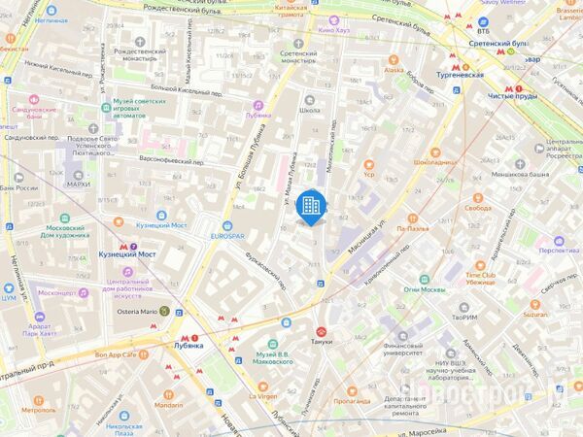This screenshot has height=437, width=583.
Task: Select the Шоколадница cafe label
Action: tap(435, 162)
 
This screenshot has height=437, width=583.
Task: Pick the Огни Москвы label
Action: tap(426, 289)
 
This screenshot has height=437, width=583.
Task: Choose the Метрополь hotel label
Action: tap(38, 410)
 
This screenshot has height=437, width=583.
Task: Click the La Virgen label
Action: tap(262, 396)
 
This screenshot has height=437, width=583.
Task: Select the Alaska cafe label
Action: tap(394, 70)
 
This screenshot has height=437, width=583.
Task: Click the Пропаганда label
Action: tap(352, 400)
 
